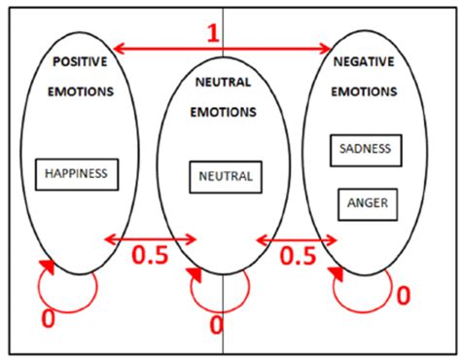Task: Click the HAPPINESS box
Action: tap(77, 174)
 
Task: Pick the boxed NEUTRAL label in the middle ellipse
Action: tap(225, 176)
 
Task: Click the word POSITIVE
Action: tap(80, 61)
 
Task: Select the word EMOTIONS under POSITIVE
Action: tap(80, 91)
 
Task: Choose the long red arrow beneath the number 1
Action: tap(222, 48)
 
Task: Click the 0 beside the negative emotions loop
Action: tap(403, 292)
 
